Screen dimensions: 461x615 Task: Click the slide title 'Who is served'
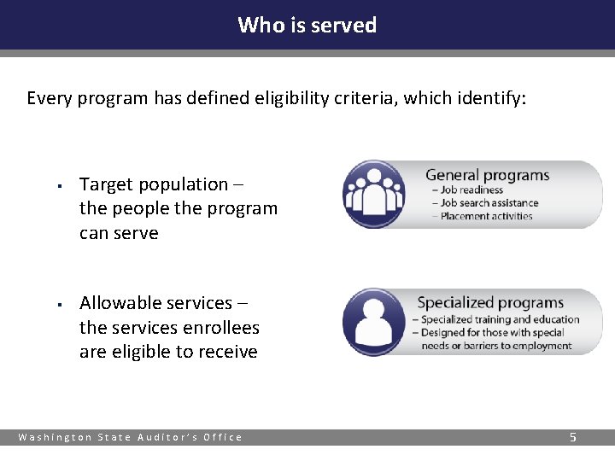(x=307, y=25)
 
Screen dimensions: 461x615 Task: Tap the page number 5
(x=573, y=437)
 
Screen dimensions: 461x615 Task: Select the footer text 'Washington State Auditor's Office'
(x=131, y=437)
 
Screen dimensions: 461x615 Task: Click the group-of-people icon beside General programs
(x=373, y=194)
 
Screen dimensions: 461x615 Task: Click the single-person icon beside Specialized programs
(x=373, y=322)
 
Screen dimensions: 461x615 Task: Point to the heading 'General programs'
(x=487, y=176)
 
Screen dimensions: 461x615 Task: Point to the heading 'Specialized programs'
(x=490, y=303)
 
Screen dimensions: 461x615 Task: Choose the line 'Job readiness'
(x=471, y=190)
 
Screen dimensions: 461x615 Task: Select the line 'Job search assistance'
(x=489, y=203)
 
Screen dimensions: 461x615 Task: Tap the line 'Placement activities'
(x=486, y=216)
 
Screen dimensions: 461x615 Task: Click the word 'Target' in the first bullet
(x=106, y=184)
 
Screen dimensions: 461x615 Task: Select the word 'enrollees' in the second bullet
(x=220, y=328)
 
